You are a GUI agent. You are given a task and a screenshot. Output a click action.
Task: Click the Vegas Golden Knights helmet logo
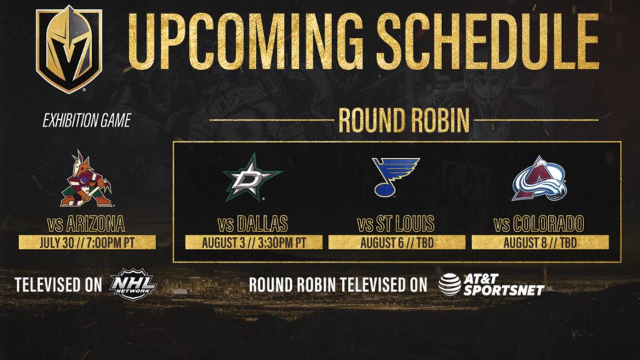[x=69, y=49]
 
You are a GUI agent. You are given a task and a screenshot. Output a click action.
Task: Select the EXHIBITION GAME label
[x=87, y=121]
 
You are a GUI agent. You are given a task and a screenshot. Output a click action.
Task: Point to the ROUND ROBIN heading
[x=404, y=121]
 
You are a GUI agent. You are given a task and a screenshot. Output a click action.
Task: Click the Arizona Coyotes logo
[x=86, y=179]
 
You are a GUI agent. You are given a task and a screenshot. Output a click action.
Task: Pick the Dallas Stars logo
[x=252, y=177]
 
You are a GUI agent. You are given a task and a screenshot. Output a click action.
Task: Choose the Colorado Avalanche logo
[x=539, y=179]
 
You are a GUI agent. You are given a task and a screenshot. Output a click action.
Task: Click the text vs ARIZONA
[x=86, y=224]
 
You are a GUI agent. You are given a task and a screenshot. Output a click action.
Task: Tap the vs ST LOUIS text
[x=396, y=224]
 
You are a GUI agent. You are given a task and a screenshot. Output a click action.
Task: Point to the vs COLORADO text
[x=539, y=224]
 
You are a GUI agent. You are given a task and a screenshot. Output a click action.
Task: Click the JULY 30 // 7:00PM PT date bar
[x=87, y=243]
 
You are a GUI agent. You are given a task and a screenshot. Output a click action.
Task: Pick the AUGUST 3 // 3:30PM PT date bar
[x=253, y=243]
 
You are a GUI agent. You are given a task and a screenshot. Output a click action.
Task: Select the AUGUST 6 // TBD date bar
[x=397, y=243]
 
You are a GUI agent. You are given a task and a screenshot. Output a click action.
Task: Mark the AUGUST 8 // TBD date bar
[x=540, y=243]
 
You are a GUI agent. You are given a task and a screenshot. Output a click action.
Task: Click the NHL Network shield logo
[x=133, y=285]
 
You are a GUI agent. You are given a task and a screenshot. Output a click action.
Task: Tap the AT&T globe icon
[x=450, y=285]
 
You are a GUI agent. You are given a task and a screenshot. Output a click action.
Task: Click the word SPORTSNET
[x=504, y=290]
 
